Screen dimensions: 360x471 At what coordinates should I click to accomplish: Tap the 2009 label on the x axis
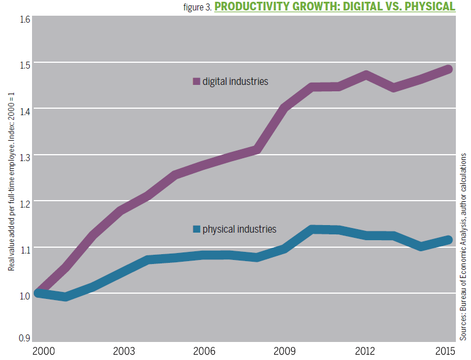coord(284,352)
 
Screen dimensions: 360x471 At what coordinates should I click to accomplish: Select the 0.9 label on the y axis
coord(24,338)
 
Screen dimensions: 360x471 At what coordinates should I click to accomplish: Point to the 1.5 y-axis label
coord(24,64)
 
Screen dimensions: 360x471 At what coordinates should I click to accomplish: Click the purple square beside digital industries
coord(196,81)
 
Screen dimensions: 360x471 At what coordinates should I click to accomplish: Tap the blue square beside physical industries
coord(196,229)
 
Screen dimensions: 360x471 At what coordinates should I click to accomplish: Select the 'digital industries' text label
coord(235,81)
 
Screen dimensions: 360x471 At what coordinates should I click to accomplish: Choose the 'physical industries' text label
coord(239,229)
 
